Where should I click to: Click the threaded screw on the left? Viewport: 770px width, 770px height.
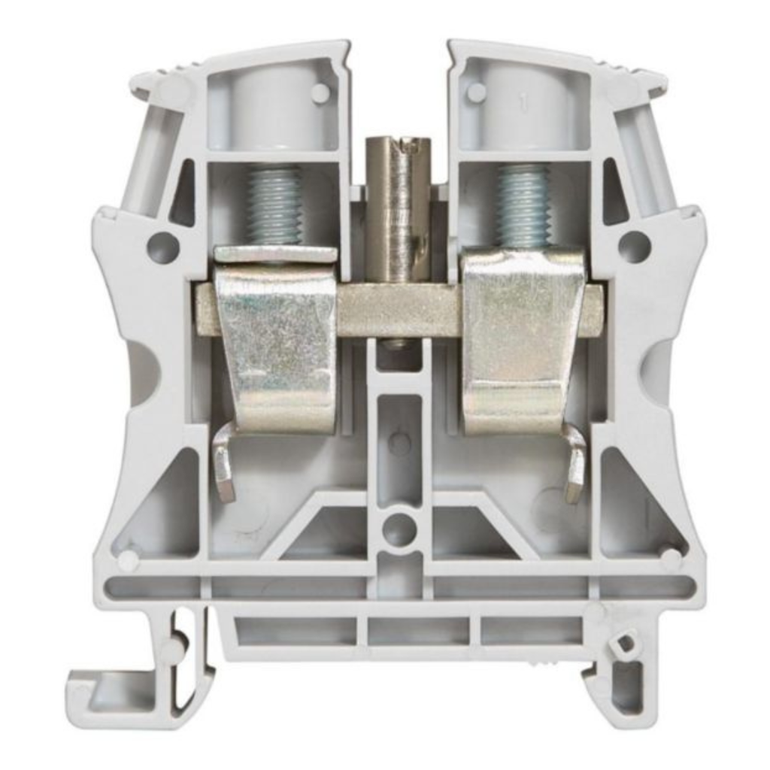(275, 205)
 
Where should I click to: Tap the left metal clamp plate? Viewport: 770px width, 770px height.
(275, 338)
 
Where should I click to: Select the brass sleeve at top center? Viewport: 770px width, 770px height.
(397, 203)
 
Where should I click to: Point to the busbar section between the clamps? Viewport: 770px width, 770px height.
(399, 309)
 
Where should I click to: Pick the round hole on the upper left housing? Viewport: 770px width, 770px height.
(162, 247)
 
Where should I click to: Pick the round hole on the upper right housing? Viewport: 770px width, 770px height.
(634, 247)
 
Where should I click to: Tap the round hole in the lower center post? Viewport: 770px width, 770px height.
(399, 529)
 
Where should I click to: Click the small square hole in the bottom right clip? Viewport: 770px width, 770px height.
(623, 644)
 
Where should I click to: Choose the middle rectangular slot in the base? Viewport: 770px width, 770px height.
(419, 631)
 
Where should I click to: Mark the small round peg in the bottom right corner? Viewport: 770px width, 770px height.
(669, 556)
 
